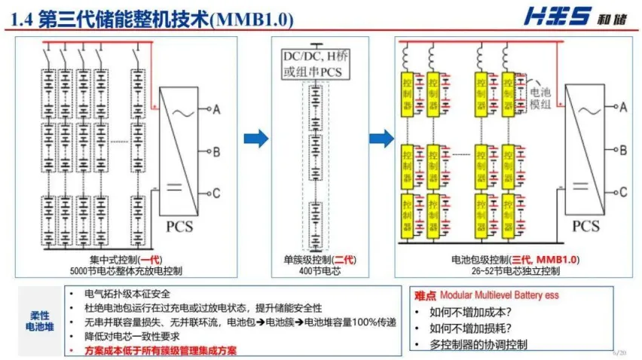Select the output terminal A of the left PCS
(216, 110)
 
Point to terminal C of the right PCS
(622, 193)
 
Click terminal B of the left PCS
(216, 152)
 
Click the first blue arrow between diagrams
(258, 138)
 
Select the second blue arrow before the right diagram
(382, 138)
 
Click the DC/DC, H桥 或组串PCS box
(321, 64)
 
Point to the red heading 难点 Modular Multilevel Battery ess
(486, 294)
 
